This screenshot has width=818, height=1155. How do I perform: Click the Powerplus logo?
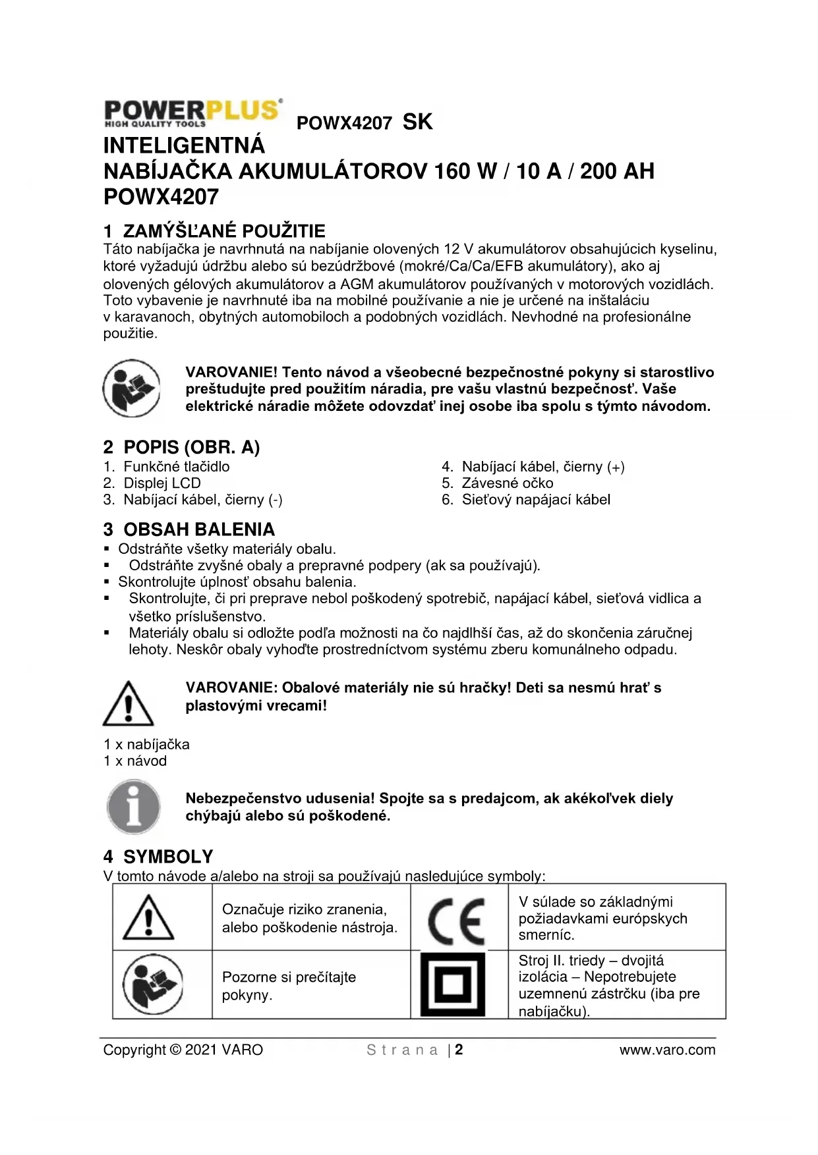pyautogui.click(x=193, y=113)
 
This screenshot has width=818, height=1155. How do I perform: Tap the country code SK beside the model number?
pyautogui.click(x=417, y=122)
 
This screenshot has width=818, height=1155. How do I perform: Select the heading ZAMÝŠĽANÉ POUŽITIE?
pyautogui.click(x=214, y=231)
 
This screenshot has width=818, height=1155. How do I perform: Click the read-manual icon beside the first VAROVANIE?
pyautogui.click(x=131, y=389)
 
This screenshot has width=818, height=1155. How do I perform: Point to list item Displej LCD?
pyautogui.click(x=161, y=483)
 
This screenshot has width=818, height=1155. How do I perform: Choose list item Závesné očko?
pyautogui.click(x=507, y=483)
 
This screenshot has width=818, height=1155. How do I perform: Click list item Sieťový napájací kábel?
pyautogui.click(x=535, y=500)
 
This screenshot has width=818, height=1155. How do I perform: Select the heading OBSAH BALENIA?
pyautogui.click(x=189, y=529)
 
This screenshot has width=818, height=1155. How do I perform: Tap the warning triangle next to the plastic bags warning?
pyautogui.click(x=129, y=703)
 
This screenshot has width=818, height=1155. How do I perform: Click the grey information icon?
pyautogui.click(x=134, y=807)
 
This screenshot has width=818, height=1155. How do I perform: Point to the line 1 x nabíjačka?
pyautogui.click(x=146, y=744)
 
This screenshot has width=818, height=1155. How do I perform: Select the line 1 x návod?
pyautogui.click(x=135, y=761)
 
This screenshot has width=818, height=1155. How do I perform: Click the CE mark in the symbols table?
pyautogui.click(x=456, y=920)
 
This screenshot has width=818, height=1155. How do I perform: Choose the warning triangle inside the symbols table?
pyautogui.click(x=149, y=917)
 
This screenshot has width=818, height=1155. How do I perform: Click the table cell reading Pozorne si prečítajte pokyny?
pyautogui.click(x=310, y=986)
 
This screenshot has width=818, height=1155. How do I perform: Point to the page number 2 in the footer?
pyautogui.click(x=459, y=1050)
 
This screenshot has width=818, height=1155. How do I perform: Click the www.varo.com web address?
pyautogui.click(x=667, y=1050)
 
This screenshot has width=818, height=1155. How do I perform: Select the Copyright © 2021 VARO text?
pyautogui.click(x=183, y=1050)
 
